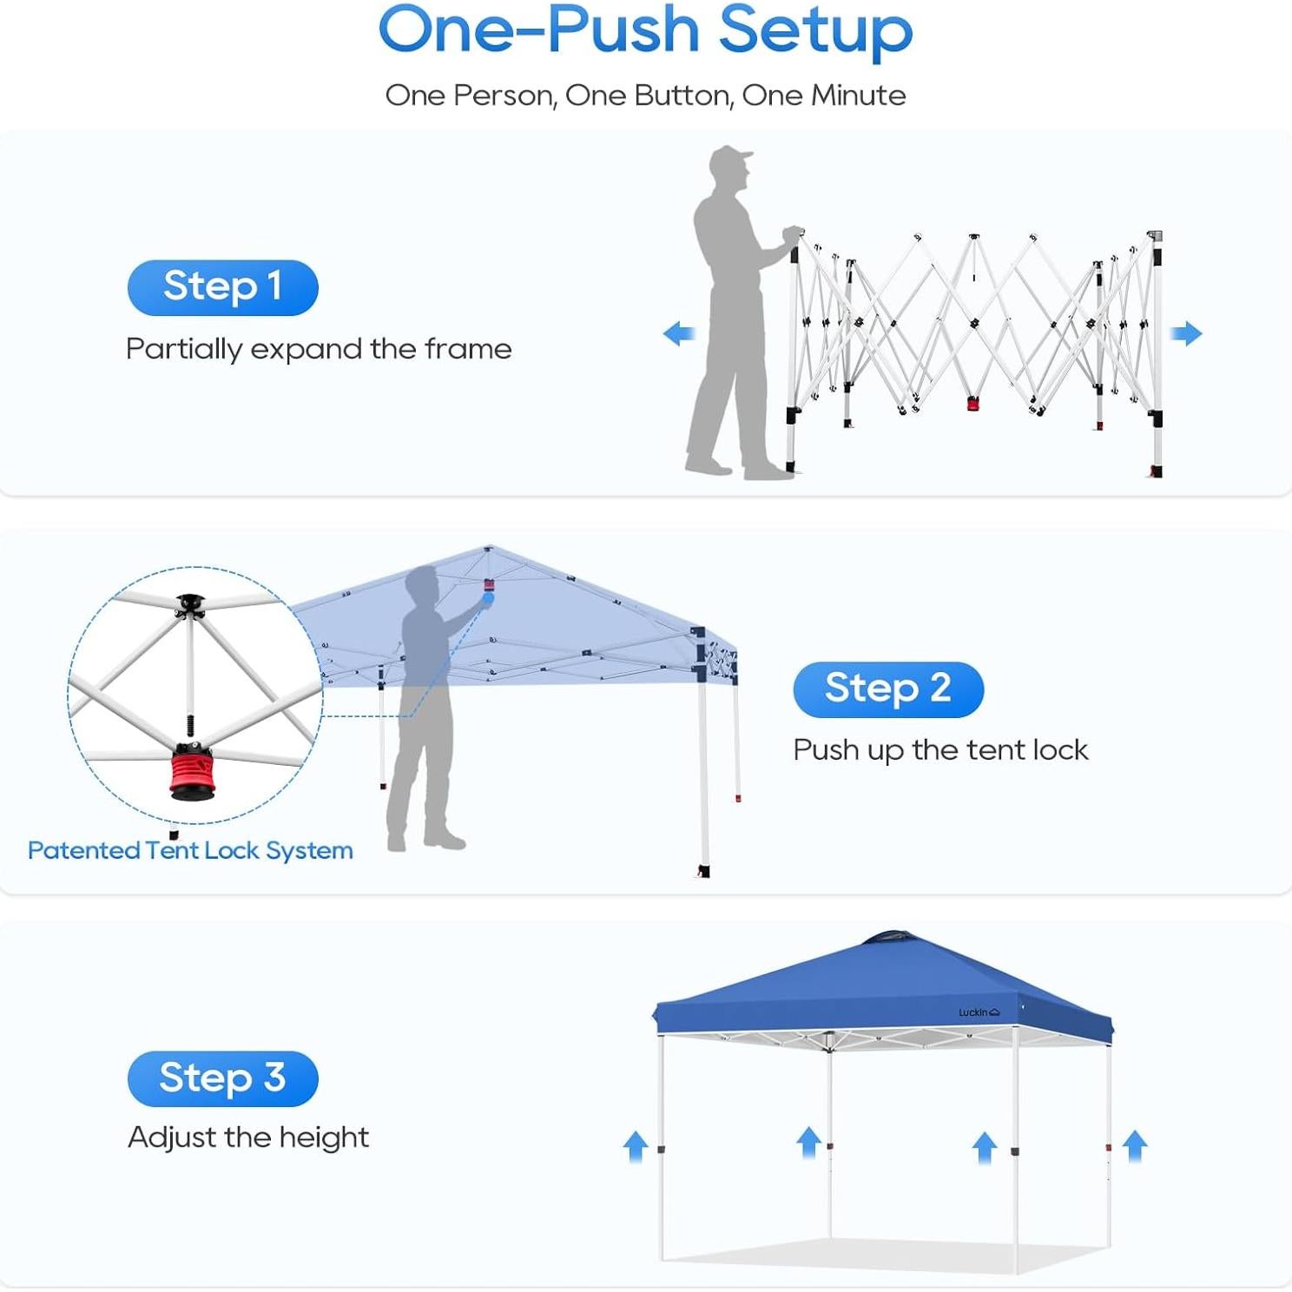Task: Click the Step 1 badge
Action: (x=223, y=287)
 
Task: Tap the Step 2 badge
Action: (x=888, y=689)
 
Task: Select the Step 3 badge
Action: (x=223, y=1078)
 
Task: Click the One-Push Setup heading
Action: (x=646, y=30)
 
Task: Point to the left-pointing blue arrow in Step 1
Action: (x=679, y=333)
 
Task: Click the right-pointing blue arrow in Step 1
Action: (x=1186, y=333)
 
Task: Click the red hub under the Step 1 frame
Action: (x=972, y=403)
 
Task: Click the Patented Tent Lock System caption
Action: (x=190, y=851)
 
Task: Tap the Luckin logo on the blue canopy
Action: (x=979, y=1012)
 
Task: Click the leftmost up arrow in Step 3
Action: (x=636, y=1146)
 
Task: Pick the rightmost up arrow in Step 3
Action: (x=1135, y=1146)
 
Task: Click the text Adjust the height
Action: (x=248, y=1137)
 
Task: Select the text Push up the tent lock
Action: (x=940, y=750)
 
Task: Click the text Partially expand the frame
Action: (x=319, y=349)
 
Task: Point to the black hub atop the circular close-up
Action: (x=190, y=604)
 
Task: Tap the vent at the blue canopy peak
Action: (x=887, y=938)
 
